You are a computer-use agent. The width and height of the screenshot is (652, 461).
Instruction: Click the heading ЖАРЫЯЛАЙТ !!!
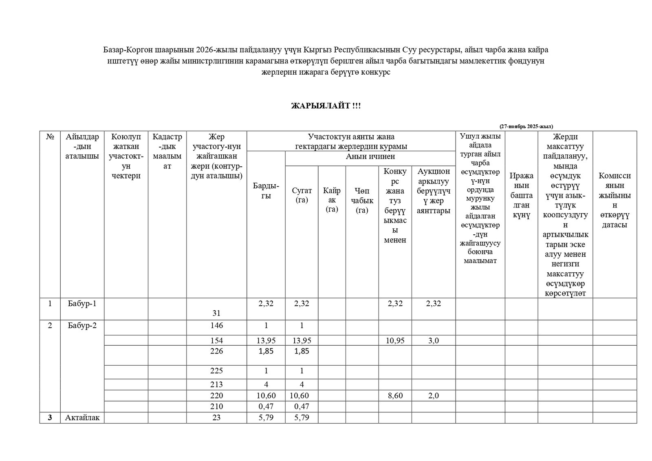coord(326,106)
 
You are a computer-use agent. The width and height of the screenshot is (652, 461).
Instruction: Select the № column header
coord(50,137)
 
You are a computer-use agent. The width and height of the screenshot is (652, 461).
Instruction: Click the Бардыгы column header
coord(266,191)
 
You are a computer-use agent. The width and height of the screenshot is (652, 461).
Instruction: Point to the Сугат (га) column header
coord(302,195)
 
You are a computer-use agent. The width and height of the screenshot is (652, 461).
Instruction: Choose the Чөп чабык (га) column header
coord(362,200)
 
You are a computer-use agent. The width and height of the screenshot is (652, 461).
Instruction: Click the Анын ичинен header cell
coord(370,157)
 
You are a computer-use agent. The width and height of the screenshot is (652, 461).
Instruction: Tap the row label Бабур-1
coord(82,304)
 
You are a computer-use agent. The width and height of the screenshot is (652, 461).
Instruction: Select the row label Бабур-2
coord(82,326)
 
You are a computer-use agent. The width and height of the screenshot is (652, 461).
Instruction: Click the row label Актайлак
coord(82,417)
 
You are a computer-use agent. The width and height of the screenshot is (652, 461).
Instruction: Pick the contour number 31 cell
coord(216,313)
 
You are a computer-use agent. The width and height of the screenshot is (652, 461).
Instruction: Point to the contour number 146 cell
coord(216,326)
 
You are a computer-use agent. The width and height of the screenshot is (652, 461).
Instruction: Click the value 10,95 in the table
coord(395,340)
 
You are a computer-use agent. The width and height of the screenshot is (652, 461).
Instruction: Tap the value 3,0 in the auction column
coord(433,340)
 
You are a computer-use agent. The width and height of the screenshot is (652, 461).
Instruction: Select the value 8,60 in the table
coord(395,395)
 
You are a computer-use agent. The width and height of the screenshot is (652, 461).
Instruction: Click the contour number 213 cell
coord(216,384)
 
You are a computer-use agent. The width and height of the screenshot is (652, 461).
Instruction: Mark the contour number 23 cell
coord(216,417)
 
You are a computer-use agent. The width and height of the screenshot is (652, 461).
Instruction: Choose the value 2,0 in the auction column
coord(433,395)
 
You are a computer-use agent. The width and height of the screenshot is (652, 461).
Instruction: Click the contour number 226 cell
coord(216,351)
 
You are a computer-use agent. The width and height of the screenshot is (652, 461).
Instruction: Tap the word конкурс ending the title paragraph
coord(376,72)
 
